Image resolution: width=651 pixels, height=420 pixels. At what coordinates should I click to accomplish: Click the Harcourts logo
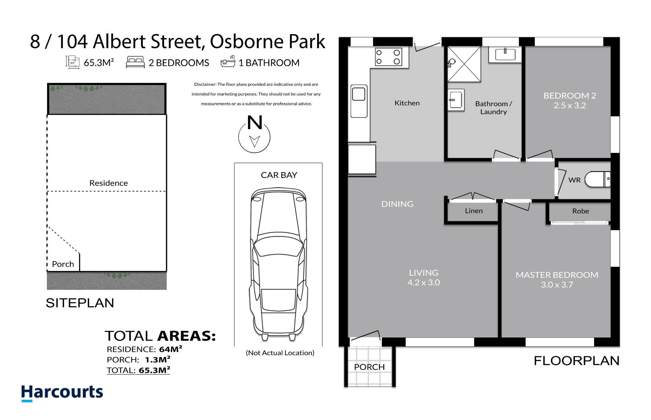pyautogui.click(x=62, y=393)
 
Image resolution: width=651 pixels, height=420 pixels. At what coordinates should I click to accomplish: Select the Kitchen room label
pyautogui.click(x=407, y=103)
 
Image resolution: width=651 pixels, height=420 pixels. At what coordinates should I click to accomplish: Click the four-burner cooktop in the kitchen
pyautogui.click(x=388, y=57)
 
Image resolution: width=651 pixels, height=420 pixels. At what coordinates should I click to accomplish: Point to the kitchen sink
pyautogui.click(x=359, y=101)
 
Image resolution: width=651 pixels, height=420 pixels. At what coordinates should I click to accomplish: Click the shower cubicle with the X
pyautogui.click(x=464, y=64)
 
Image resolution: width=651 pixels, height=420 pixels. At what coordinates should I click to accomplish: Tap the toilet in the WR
pyautogui.click(x=598, y=179)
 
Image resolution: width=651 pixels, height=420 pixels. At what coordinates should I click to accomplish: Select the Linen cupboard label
pyautogui.click(x=474, y=211)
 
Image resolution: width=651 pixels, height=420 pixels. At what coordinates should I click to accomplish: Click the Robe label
pyautogui.click(x=581, y=211)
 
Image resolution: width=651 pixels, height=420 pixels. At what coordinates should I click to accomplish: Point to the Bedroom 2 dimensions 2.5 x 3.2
pyautogui.click(x=570, y=105)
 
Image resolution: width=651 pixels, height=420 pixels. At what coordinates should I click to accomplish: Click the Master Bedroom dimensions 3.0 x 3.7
pyautogui.click(x=557, y=285)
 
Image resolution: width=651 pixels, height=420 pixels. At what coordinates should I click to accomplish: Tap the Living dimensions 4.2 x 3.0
pyautogui.click(x=423, y=282)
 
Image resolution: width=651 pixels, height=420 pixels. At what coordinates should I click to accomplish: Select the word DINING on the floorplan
pyautogui.click(x=397, y=204)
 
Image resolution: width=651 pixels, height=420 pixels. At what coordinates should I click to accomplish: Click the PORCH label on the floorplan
pyautogui.click(x=369, y=367)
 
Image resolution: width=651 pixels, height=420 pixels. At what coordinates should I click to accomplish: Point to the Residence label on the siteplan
pyautogui.click(x=108, y=183)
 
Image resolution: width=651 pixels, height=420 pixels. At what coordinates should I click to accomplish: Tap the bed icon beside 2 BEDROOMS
pyautogui.click(x=135, y=62)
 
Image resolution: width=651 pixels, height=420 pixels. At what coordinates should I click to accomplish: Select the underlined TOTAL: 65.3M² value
pyautogui.click(x=138, y=370)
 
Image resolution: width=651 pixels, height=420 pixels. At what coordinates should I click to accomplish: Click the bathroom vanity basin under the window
pyautogui.click(x=505, y=54)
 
